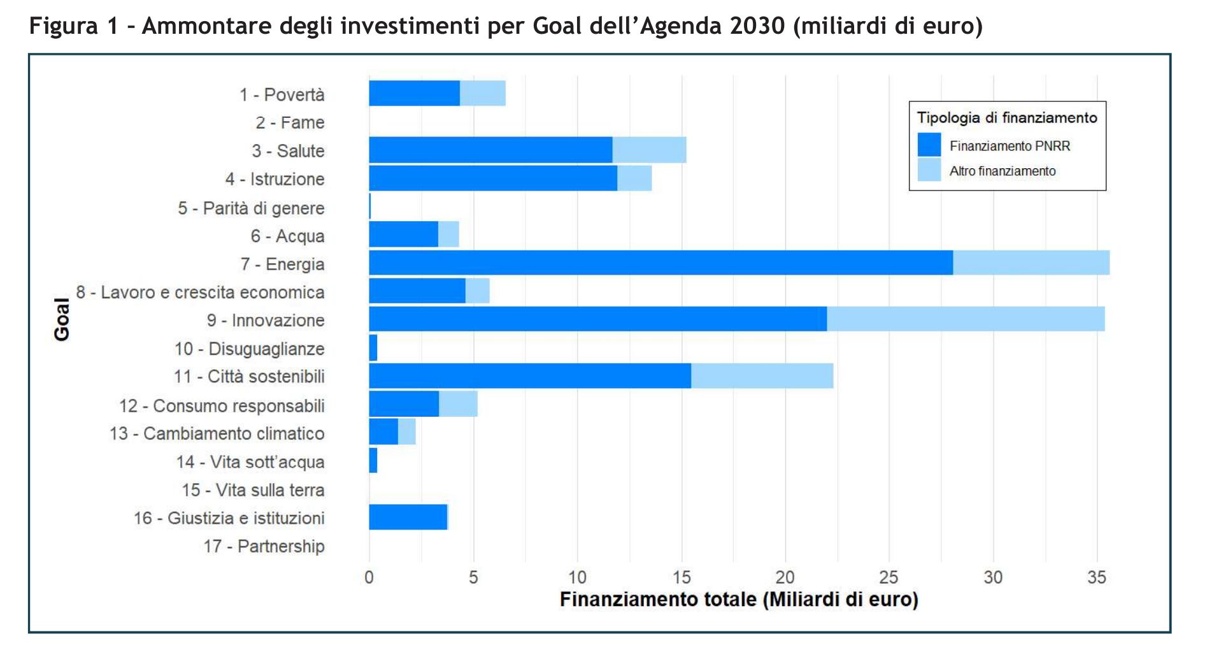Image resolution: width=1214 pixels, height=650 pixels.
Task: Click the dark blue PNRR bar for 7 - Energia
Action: (x=661, y=263)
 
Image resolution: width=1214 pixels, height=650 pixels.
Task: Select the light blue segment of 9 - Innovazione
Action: (x=965, y=319)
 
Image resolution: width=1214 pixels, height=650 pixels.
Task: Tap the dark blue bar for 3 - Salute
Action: (x=490, y=150)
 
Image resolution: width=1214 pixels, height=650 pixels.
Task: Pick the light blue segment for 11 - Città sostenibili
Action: (x=762, y=375)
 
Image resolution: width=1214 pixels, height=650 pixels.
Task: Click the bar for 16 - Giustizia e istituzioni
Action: (x=408, y=517)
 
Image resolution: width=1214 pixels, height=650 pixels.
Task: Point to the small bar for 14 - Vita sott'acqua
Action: (x=373, y=461)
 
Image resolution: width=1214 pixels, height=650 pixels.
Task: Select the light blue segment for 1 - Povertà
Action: (x=482, y=93)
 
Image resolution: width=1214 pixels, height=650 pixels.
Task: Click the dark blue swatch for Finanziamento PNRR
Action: (x=929, y=145)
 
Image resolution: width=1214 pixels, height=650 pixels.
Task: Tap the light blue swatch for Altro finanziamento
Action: (x=929, y=170)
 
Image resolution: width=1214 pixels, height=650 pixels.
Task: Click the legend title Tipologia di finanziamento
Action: (x=1006, y=118)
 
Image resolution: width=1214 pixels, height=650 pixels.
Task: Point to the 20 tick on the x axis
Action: (x=785, y=577)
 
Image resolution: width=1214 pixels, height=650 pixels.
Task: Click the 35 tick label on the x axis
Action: (x=1096, y=577)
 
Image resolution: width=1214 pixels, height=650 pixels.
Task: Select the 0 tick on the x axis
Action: (x=369, y=577)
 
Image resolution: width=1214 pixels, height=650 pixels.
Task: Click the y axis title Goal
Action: (x=62, y=319)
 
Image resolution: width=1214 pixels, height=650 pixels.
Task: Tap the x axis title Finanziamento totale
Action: (x=738, y=600)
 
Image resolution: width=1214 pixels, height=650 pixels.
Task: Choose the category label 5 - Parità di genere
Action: (x=251, y=208)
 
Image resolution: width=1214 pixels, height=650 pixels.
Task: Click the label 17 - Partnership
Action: (x=264, y=546)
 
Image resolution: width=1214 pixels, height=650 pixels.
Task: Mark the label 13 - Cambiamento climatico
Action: (x=217, y=433)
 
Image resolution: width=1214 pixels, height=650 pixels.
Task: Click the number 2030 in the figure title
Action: (x=757, y=26)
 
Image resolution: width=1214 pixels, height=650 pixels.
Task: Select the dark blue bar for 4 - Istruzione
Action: (x=492, y=178)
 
